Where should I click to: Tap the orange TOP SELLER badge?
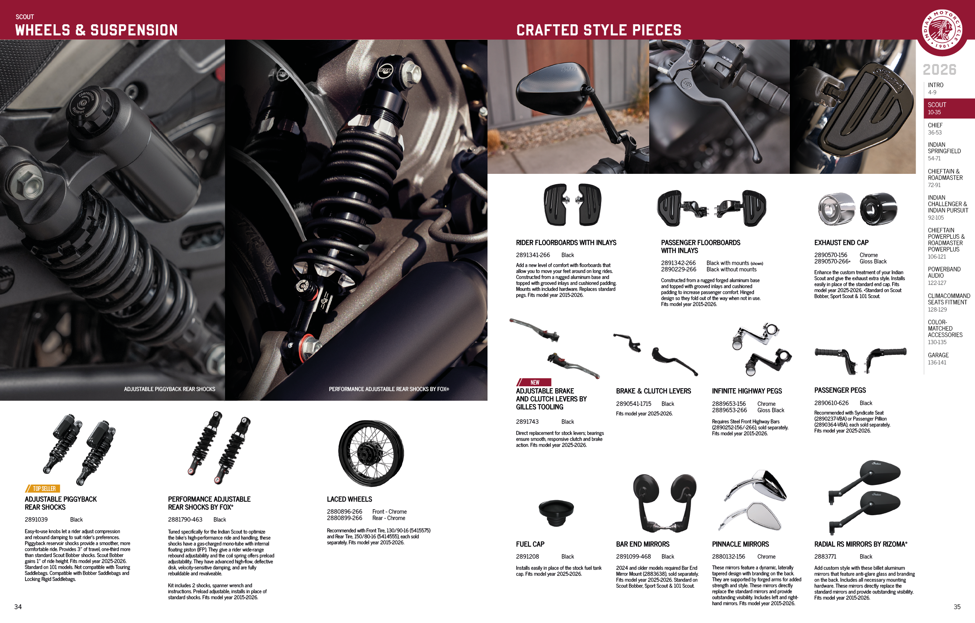point(43,489)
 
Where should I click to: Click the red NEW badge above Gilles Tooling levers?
point(534,382)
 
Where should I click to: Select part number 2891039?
point(36,520)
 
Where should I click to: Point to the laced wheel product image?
point(371,453)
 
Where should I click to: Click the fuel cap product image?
point(556,512)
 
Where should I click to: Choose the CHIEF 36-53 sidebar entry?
point(935,128)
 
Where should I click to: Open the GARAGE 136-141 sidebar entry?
point(938,358)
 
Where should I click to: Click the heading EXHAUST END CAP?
point(841,243)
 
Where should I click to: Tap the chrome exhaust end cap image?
point(835,209)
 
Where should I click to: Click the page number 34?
point(18,606)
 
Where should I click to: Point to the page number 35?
point(957,606)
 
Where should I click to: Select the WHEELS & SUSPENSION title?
point(96,30)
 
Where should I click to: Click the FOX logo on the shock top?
point(385,71)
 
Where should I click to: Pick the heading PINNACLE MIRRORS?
point(740,544)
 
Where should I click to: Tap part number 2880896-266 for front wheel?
point(344,511)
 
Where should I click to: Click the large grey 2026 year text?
point(940,70)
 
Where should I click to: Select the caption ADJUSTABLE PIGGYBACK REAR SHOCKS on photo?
point(169,389)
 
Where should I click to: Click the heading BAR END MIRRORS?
point(642,544)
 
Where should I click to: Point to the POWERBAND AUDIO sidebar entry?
point(944,275)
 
